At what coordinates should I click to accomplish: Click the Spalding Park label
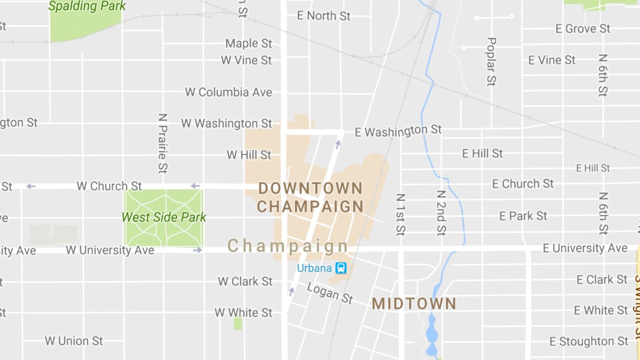[x=87, y=6]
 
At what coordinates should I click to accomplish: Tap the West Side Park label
[x=164, y=217]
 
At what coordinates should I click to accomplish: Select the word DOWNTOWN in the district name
[x=310, y=188]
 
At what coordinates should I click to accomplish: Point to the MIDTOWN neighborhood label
[x=414, y=304]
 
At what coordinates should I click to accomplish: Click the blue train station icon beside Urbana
[x=341, y=268]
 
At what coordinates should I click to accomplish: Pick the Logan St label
[x=330, y=293]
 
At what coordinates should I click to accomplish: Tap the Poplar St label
[x=491, y=62]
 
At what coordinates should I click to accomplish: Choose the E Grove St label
[x=583, y=29]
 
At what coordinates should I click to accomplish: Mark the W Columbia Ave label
[x=228, y=92]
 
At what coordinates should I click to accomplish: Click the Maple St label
[x=248, y=43]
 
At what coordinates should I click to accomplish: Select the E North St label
[x=324, y=16]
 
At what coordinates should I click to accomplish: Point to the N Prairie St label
[x=162, y=143]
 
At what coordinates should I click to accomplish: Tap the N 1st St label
[x=400, y=214]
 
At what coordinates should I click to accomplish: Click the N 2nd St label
[x=441, y=212]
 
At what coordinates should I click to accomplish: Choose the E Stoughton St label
[x=589, y=341]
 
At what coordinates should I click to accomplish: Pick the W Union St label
[x=74, y=341]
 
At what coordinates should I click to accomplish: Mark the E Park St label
[x=523, y=216]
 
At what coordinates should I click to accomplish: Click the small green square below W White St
[x=238, y=323]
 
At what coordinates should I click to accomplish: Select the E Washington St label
[x=398, y=131]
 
